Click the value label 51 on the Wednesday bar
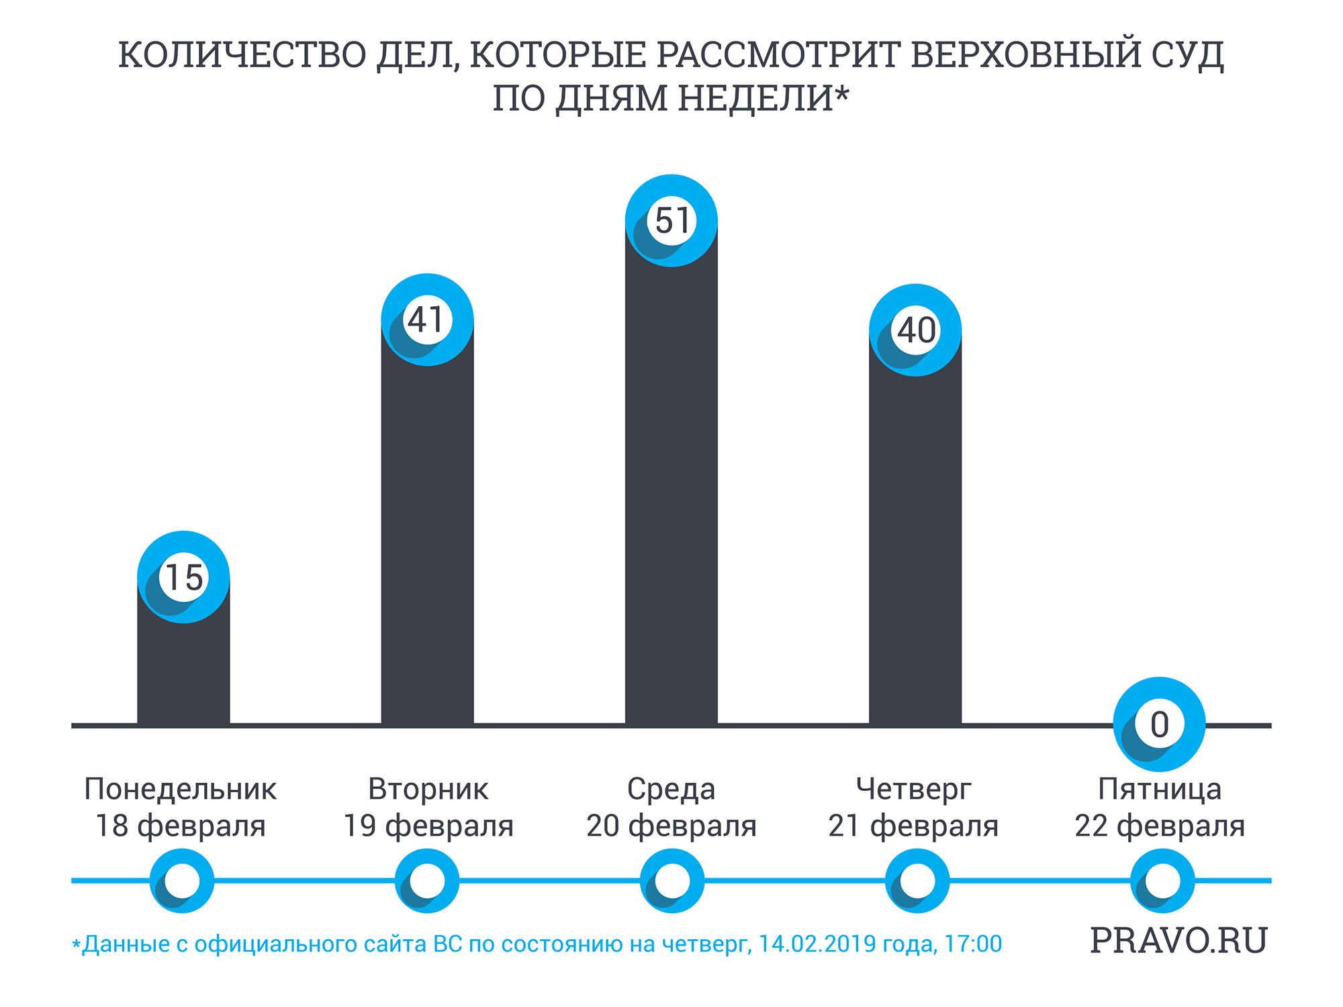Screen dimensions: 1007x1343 [671, 220]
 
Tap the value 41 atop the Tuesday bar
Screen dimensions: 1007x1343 [427, 320]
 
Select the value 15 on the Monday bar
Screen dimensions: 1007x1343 [183, 577]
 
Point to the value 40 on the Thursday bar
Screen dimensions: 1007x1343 [916, 330]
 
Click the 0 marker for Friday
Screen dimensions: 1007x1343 [1160, 725]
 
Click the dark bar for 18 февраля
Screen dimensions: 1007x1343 [183, 671]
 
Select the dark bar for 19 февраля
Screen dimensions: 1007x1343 [427, 537]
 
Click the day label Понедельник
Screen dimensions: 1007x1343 [180, 789]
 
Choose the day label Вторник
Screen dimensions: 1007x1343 [428, 789]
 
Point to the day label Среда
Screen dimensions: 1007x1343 [671, 789]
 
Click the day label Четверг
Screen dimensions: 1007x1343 [913, 789]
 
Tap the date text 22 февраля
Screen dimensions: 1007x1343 [1160, 826]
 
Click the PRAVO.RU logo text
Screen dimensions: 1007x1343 [1178, 941]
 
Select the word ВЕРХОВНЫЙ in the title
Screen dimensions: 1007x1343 [1025, 55]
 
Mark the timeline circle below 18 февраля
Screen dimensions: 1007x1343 [182, 881]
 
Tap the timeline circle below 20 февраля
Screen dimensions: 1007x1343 [672, 881]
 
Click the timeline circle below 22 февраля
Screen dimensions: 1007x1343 [1162, 881]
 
